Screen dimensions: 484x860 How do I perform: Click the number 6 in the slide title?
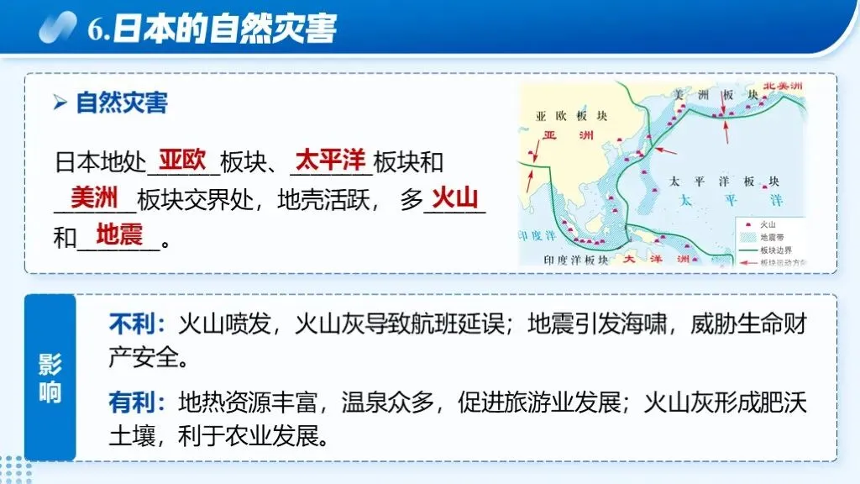coord(95,29)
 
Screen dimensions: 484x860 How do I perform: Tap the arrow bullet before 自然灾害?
coord(60,103)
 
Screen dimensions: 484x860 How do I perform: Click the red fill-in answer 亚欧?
coord(182,159)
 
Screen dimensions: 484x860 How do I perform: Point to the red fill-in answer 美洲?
coord(93,198)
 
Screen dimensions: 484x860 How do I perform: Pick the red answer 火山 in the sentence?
coord(454,198)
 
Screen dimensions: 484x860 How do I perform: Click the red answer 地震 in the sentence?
coord(119,235)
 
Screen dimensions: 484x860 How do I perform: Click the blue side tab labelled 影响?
coord(50,378)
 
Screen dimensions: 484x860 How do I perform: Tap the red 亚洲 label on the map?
coord(561,134)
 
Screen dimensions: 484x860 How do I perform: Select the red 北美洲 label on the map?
coord(783,87)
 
